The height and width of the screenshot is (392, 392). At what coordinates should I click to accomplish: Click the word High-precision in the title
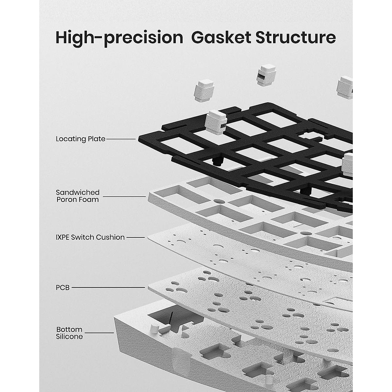pyautogui.click(x=119, y=38)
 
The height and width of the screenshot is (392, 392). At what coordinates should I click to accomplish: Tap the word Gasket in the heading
pyautogui.click(x=221, y=38)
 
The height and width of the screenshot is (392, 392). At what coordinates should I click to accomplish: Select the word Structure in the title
pyautogui.click(x=296, y=38)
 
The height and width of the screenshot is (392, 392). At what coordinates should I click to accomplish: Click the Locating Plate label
pyautogui.click(x=81, y=139)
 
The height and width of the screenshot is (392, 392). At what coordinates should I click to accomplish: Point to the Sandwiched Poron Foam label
pyautogui.click(x=78, y=196)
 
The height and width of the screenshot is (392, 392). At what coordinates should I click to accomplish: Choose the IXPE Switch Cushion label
pyautogui.click(x=90, y=237)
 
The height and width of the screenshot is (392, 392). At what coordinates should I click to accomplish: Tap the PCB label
pyautogui.click(x=63, y=288)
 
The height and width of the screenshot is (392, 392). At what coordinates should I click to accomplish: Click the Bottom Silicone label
pyautogui.click(x=69, y=333)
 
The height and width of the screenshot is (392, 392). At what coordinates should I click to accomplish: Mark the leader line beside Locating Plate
pyautogui.click(x=121, y=139)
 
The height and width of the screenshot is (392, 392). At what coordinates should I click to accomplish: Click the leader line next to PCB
pyautogui.click(x=108, y=288)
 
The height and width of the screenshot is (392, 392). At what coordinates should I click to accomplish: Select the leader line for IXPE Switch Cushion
pyautogui.click(x=136, y=237)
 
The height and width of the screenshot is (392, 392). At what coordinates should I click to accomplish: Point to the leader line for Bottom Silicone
pyautogui.click(x=99, y=333)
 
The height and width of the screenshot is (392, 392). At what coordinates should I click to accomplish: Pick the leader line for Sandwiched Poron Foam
pyautogui.click(x=124, y=197)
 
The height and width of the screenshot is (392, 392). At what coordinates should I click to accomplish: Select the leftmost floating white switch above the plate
pyautogui.click(x=204, y=90)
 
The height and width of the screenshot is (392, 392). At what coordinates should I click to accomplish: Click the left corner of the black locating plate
pyautogui.click(x=139, y=139)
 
